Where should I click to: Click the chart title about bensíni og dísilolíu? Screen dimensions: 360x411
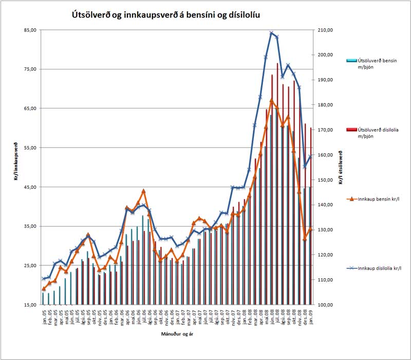pos(165,15)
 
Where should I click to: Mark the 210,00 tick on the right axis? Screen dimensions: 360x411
pos(327,30)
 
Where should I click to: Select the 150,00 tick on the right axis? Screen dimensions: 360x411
pos(327,179)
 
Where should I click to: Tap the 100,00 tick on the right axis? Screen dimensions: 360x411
pos(327,304)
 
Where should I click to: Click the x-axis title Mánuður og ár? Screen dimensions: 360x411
pos(177,334)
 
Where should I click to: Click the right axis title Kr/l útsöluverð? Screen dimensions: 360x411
pos(340,167)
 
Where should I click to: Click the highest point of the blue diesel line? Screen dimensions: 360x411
pos(272,33)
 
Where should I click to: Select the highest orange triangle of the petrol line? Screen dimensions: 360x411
pos(272,100)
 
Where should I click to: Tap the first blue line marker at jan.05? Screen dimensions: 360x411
pos(44,279)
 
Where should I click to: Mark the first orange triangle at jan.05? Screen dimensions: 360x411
pos(44,289)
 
